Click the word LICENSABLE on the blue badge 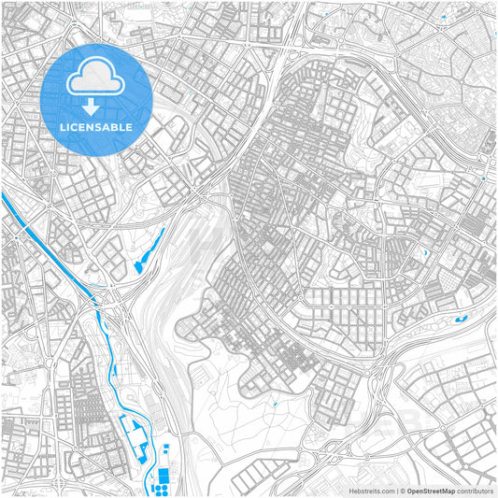point(97,126)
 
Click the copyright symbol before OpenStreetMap point(400,490)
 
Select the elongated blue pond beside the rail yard point(149,250)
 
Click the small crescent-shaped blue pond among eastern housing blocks point(425,252)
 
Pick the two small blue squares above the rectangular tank point(166,450)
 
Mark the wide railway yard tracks point(187,271)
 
